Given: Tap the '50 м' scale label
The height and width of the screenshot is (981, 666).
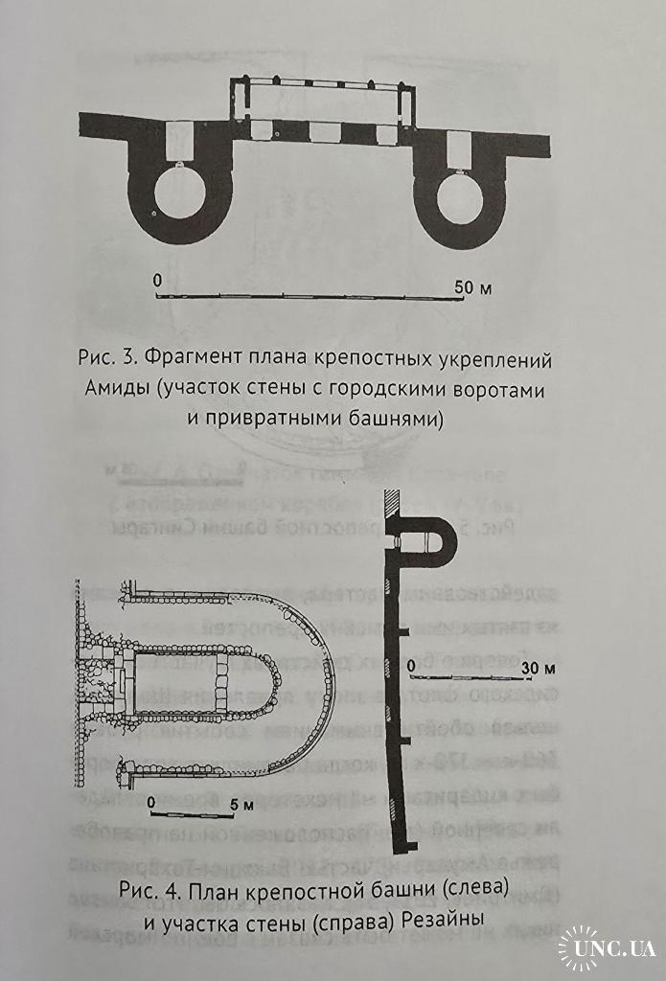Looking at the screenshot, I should click(473, 286).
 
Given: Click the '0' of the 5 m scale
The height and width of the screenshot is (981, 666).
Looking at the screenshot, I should click(152, 800).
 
